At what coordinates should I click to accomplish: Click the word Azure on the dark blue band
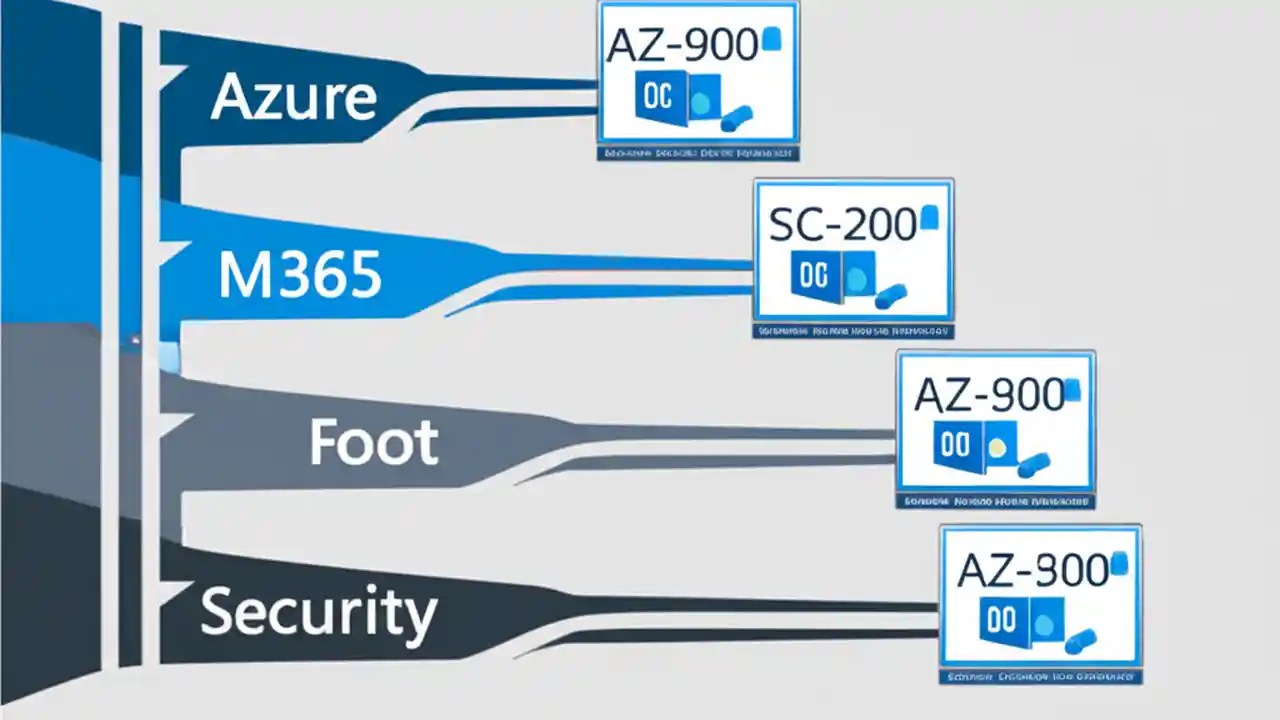point(294,97)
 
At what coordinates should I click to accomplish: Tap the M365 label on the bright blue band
point(299,275)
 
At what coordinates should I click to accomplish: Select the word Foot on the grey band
point(373,442)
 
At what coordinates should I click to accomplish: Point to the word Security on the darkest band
point(318,611)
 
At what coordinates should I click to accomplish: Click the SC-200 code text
point(842,227)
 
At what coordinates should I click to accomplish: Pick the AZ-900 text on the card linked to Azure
point(682,47)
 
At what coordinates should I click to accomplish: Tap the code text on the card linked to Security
point(1033,571)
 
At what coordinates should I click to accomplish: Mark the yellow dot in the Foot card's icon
point(995,447)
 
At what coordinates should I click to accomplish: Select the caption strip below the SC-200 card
point(853,329)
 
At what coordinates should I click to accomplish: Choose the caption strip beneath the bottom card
point(1040,678)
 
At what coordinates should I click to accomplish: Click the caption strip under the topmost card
point(697,154)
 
